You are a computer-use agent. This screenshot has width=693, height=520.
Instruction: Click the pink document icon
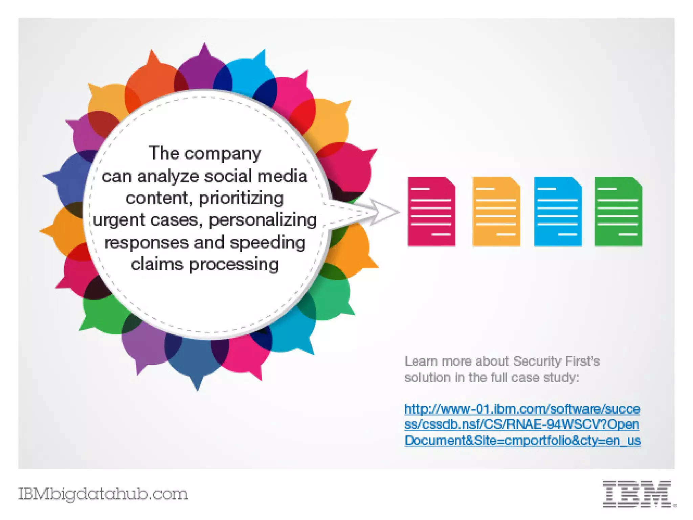click(x=431, y=211)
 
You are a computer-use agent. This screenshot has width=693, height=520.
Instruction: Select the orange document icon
click(x=496, y=211)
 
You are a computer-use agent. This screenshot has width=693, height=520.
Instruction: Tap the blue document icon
click(x=558, y=211)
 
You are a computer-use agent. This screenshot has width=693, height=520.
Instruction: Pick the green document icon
click(x=619, y=211)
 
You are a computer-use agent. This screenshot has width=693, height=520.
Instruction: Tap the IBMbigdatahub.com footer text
click(x=103, y=494)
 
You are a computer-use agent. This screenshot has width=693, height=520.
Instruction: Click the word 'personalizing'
click(x=263, y=220)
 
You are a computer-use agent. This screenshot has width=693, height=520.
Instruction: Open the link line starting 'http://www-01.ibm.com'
click(x=522, y=409)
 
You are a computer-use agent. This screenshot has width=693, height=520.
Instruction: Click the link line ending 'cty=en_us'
click(x=522, y=440)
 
